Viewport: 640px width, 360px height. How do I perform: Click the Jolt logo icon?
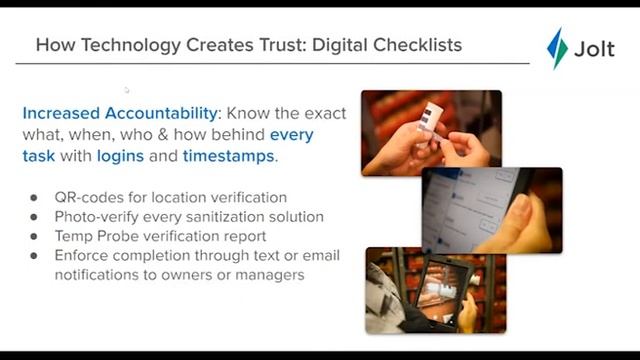click(557, 48)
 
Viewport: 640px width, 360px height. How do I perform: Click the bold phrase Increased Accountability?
click(119, 113)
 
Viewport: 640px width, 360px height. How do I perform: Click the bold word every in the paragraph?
click(291, 135)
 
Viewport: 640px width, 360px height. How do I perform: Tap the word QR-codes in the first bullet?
click(89, 198)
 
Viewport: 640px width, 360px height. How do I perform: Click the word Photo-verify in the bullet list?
click(98, 217)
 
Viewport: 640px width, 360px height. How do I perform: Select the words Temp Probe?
click(96, 236)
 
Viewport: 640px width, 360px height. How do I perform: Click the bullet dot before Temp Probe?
click(34, 237)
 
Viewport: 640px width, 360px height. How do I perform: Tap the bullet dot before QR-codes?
click(34, 198)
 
